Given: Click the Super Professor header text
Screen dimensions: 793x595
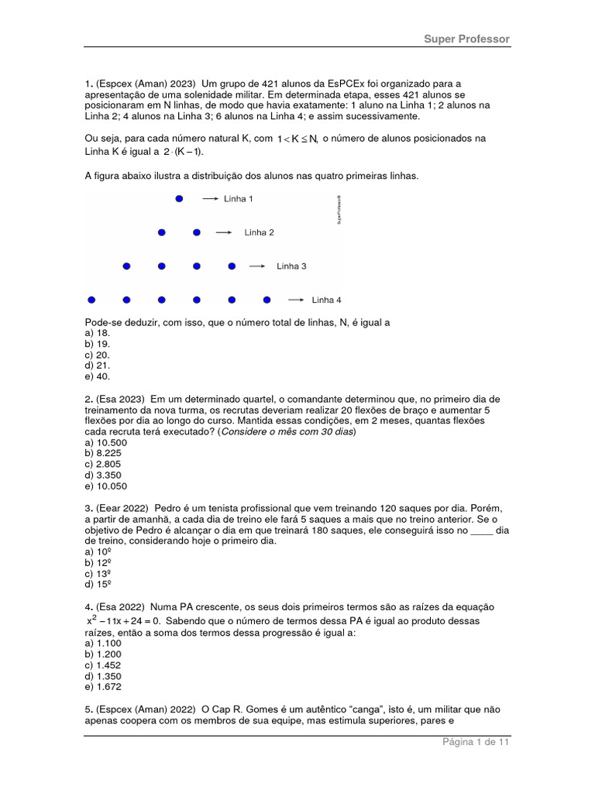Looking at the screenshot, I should point(466,39).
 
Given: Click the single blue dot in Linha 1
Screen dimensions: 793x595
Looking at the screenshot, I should point(179,199).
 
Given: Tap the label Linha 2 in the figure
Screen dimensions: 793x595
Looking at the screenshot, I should point(259,232).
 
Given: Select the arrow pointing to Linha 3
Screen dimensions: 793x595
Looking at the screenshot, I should point(258,266).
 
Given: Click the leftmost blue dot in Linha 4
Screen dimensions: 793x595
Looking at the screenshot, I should point(91,300).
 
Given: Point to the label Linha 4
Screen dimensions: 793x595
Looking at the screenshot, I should point(326,300).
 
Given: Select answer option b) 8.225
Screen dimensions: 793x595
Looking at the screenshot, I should point(105,453).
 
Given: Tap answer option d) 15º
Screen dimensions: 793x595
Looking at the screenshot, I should point(99,584).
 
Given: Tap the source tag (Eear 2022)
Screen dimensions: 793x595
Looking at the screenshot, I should point(122,508).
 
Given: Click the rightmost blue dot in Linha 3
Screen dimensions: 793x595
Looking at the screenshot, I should point(232,266).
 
